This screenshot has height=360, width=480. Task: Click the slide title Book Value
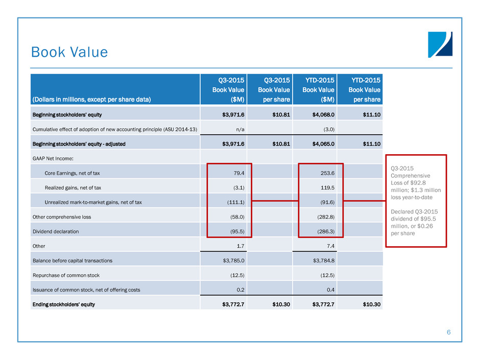click(x=69, y=52)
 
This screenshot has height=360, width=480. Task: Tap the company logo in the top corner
click(x=440, y=45)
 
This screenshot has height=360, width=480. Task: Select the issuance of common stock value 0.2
click(x=239, y=290)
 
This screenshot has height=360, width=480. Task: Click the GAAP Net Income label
click(x=53, y=158)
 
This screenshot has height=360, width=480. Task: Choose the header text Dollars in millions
click(x=91, y=99)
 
